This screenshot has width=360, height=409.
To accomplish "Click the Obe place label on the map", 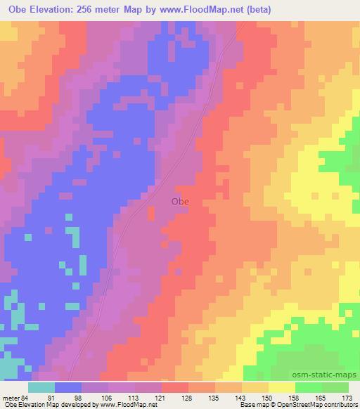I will [x=180, y=202].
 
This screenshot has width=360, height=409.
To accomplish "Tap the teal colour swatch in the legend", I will [x=41, y=387].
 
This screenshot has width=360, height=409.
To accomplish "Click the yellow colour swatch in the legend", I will [x=282, y=387].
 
